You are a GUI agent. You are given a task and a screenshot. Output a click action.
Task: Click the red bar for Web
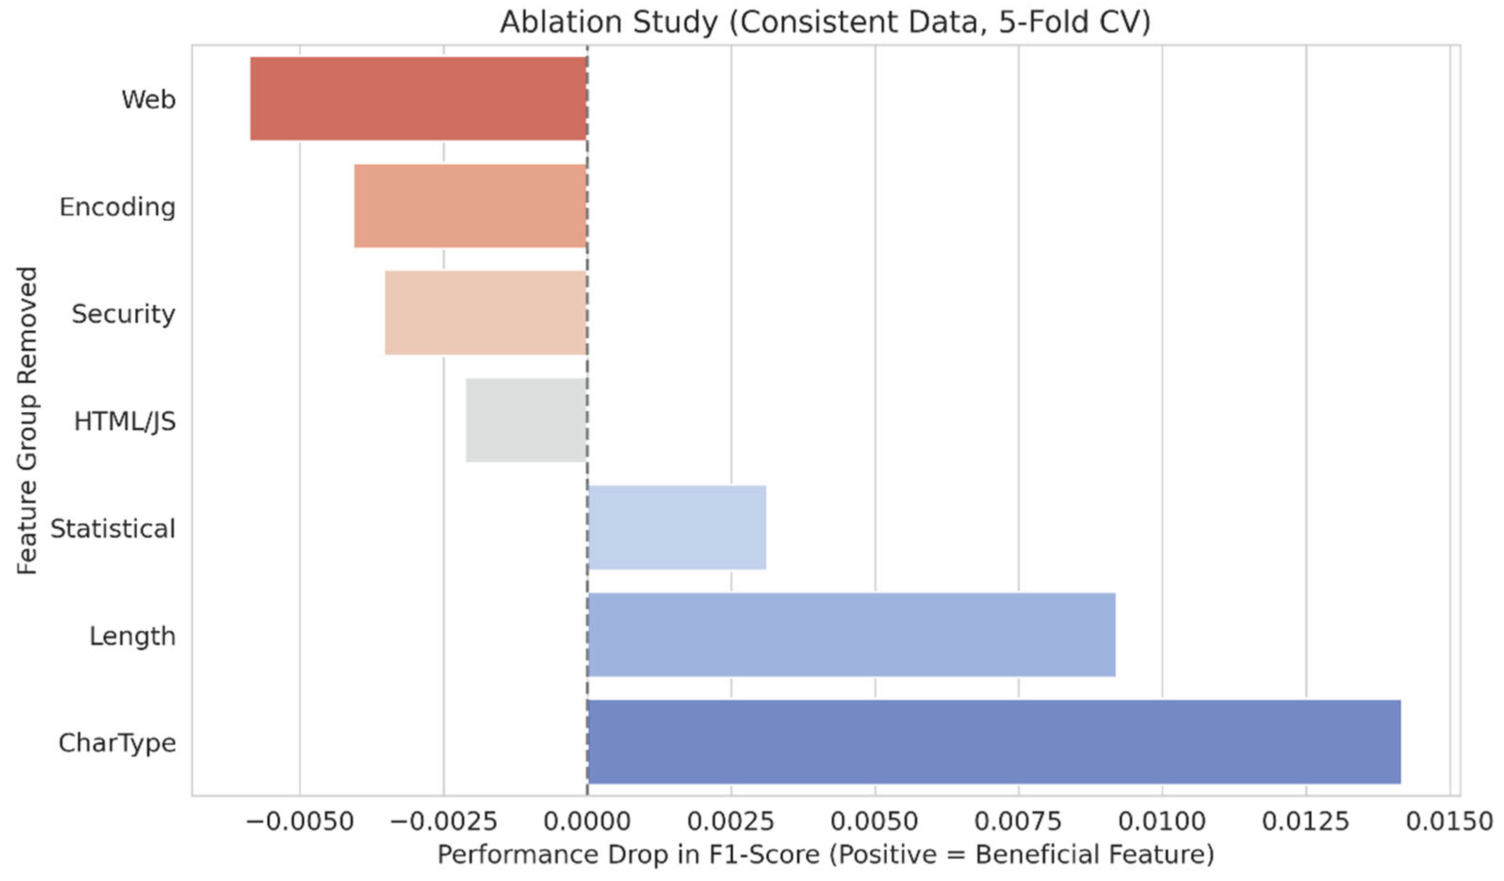(x=418, y=99)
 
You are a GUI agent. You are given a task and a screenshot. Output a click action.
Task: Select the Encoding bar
(x=470, y=206)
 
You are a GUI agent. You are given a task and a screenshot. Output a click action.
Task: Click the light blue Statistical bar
(x=676, y=527)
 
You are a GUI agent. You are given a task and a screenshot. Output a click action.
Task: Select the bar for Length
(x=851, y=635)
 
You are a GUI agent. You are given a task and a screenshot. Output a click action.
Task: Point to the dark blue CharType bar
(x=993, y=741)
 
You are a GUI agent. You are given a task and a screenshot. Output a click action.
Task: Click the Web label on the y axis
(x=149, y=99)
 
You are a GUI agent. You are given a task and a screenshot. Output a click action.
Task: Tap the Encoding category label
(x=118, y=207)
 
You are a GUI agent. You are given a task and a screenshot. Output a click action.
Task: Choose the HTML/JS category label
(x=125, y=421)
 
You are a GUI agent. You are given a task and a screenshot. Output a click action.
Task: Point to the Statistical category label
(x=113, y=528)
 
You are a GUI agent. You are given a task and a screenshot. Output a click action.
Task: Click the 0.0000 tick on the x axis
(x=587, y=822)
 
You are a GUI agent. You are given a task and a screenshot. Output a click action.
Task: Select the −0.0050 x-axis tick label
(x=300, y=822)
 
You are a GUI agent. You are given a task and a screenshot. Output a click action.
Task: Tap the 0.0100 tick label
(x=1162, y=822)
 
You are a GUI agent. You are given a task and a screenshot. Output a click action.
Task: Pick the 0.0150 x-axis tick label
(x=1449, y=822)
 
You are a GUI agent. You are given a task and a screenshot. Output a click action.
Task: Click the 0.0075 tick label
(x=1018, y=822)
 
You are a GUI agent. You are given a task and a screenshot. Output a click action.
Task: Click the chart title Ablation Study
(x=825, y=23)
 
